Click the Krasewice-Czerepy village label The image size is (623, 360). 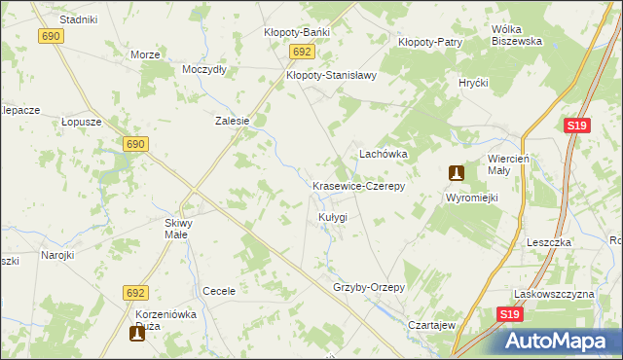(357, 185)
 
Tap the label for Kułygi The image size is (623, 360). (332, 216)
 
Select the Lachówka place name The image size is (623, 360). (383, 154)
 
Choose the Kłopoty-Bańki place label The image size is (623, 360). (297, 32)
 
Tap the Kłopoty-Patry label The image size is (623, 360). (429, 42)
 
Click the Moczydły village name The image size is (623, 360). (204, 69)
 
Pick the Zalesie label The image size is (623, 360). (233, 122)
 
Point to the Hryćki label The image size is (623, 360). (473, 84)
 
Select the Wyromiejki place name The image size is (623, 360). (471, 198)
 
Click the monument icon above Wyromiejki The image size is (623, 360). (456, 173)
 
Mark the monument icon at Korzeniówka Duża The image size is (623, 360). (137, 334)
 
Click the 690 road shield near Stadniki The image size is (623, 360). (52, 35)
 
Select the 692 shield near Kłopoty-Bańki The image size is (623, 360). (302, 52)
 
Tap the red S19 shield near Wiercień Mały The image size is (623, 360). (576, 126)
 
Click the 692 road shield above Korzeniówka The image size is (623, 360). (135, 292)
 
